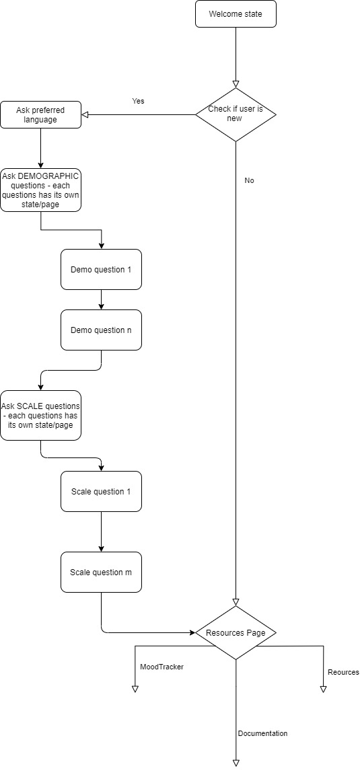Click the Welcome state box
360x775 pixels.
pos(236,14)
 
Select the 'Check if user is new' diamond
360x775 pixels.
pos(236,114)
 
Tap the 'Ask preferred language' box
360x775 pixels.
pos(40,114)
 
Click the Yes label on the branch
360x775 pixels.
pos(138,101)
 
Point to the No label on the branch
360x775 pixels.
pos(250,180)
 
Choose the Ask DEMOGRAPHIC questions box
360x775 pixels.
pos(40,190)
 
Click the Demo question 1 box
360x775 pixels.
pos(101,270)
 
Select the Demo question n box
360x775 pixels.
pos(101,330)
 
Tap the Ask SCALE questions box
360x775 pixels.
pos(40,416)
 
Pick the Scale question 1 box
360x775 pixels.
pos(101,491)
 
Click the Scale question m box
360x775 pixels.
pos(101,572)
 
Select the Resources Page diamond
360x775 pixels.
pos(236,633)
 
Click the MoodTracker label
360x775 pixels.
pos(161,667)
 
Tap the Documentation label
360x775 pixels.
pos(262,733)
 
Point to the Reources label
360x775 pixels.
pos(343,672)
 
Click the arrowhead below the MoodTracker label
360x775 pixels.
pos(135,688)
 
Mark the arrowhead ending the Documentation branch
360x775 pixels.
pos(236,762)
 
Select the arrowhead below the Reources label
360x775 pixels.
pos(324,688)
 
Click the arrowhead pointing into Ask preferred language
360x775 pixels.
pos(85,114)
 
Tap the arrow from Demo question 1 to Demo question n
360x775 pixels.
pos(101,299)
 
